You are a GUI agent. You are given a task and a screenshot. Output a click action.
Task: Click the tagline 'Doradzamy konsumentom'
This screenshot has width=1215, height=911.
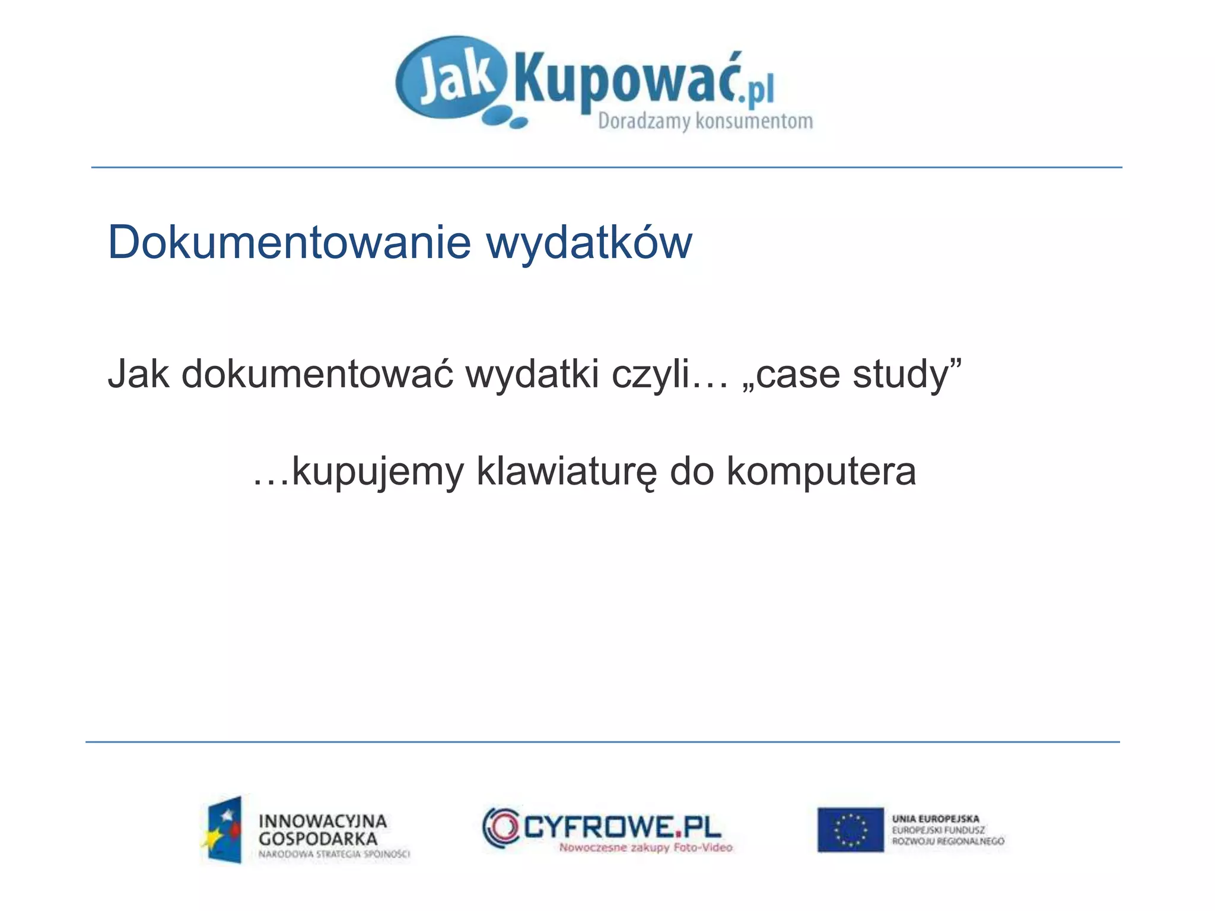pos(705,121)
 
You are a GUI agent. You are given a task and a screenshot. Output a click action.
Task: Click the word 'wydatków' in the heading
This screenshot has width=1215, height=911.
pos(589,243)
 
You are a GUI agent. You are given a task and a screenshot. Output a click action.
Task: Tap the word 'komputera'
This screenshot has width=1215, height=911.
pos(821,472)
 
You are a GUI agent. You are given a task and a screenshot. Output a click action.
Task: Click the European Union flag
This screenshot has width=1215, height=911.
pos(850,829)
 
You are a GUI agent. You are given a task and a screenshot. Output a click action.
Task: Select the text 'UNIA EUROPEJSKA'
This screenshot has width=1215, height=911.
pos(936,819)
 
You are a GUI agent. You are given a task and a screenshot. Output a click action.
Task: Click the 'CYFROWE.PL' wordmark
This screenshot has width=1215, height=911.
pos(622,826)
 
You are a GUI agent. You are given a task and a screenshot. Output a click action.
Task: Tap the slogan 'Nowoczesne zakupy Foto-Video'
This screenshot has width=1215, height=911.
pos(645,848)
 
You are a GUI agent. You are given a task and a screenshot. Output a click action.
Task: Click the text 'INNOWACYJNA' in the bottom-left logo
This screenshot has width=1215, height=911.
pos(323,821)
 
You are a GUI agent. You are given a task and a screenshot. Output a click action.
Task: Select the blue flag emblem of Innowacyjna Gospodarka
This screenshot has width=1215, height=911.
pos(224,829)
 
